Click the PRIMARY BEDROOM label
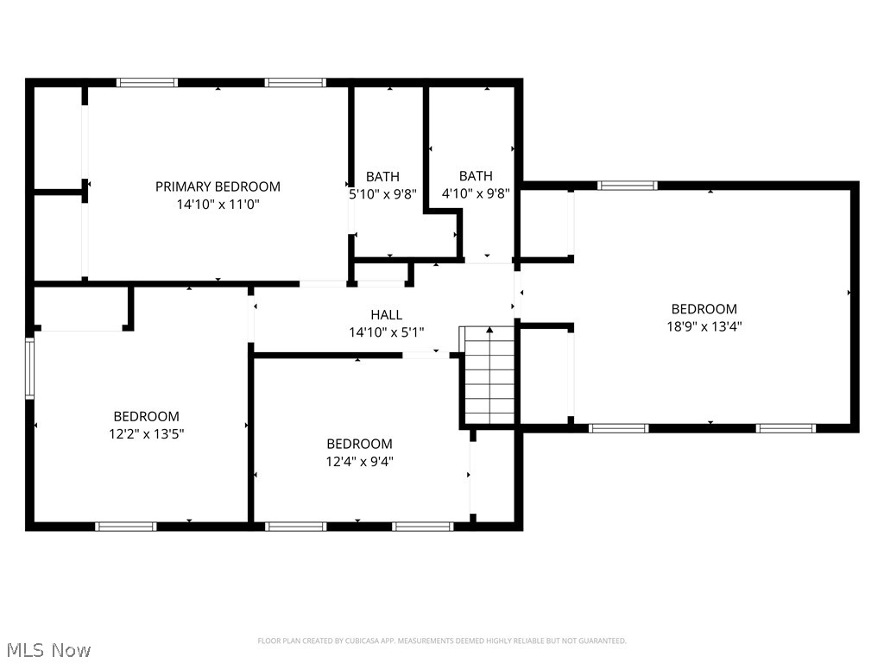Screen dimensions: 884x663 pos(218,186)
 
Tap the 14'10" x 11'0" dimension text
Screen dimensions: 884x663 pos(218,204)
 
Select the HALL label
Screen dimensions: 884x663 pos(387,314)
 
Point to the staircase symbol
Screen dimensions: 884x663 pos(489,375)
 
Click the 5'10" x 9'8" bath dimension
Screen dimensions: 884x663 pos(382,194)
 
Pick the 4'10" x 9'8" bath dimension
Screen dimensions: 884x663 pos(476,194)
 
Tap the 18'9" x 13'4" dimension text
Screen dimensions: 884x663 pos(704,326)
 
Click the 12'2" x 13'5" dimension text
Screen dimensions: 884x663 pos(147,434)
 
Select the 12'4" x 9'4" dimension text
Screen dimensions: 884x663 pos(360,462)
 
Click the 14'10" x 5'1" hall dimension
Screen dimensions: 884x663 pos(387,332)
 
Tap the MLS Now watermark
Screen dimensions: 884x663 pos(48,650)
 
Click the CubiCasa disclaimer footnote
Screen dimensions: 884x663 pos(442,641)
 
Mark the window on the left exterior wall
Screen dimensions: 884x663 pos(29,369)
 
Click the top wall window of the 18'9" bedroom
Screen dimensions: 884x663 pos(628,186)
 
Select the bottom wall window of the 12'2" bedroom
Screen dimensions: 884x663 pos(126,527)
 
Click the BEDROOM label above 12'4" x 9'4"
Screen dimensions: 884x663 pos(360,444)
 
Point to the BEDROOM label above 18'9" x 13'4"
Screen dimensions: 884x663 pos(704,309)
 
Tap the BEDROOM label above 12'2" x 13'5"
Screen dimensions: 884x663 pos(147,417)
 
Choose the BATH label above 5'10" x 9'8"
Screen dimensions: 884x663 pos(382,177)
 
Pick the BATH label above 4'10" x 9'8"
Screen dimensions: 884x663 pos(476,176)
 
